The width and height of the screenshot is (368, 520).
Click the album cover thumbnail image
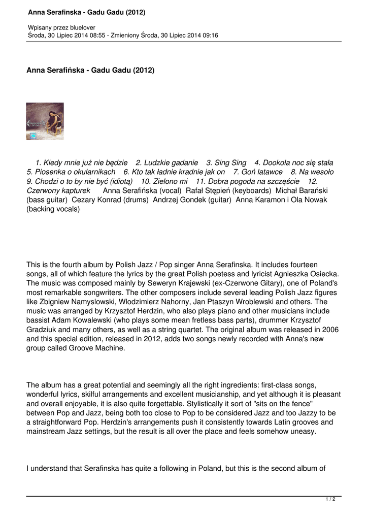(45, 121)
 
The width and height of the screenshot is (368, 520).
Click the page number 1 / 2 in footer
(330, 500)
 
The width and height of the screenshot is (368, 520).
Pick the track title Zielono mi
(170, 181)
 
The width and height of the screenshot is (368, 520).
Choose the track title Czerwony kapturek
(58, 190)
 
